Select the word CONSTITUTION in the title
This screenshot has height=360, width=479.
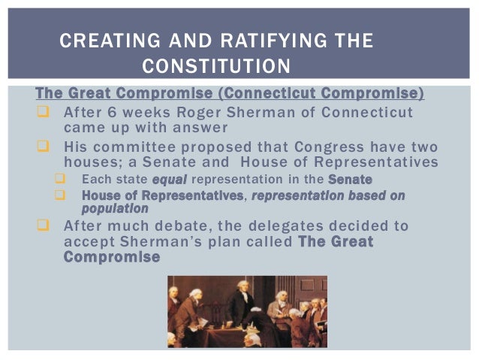[215, 67]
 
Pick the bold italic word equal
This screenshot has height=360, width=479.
[169, 180]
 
